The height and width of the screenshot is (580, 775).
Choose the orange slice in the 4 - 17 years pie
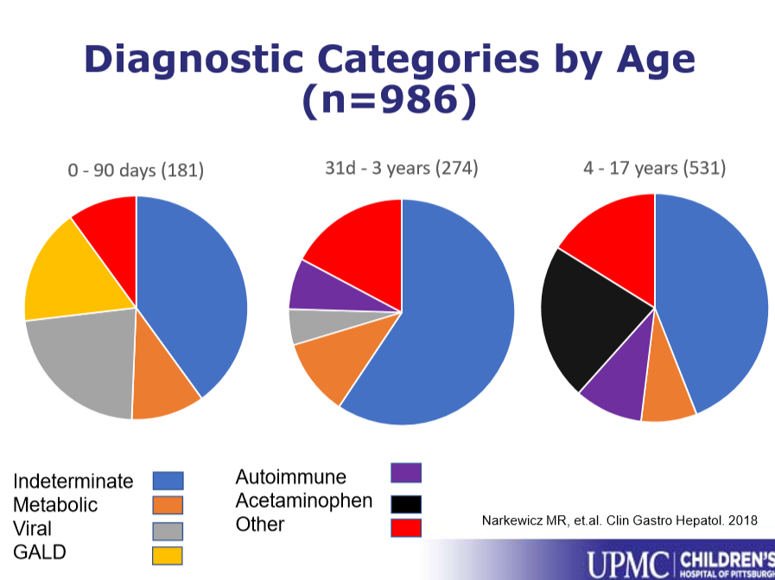(x=667, y=393)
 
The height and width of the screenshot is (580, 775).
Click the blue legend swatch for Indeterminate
(x=168, y=481)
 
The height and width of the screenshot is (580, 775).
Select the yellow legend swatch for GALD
(x=168, y=555)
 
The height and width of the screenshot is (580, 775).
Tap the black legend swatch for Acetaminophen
(x=405, y=502)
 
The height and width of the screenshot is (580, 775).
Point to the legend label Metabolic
(x=55, y=505)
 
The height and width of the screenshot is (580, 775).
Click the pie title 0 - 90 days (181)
(x=136, y=170)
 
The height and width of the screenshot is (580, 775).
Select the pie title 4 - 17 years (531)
(x=654, y=168)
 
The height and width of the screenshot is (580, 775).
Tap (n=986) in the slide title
(x=389, y=101)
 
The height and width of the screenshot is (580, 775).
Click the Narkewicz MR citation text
(x=619, y=520)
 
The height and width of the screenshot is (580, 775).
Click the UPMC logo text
(x=627, y=563)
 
